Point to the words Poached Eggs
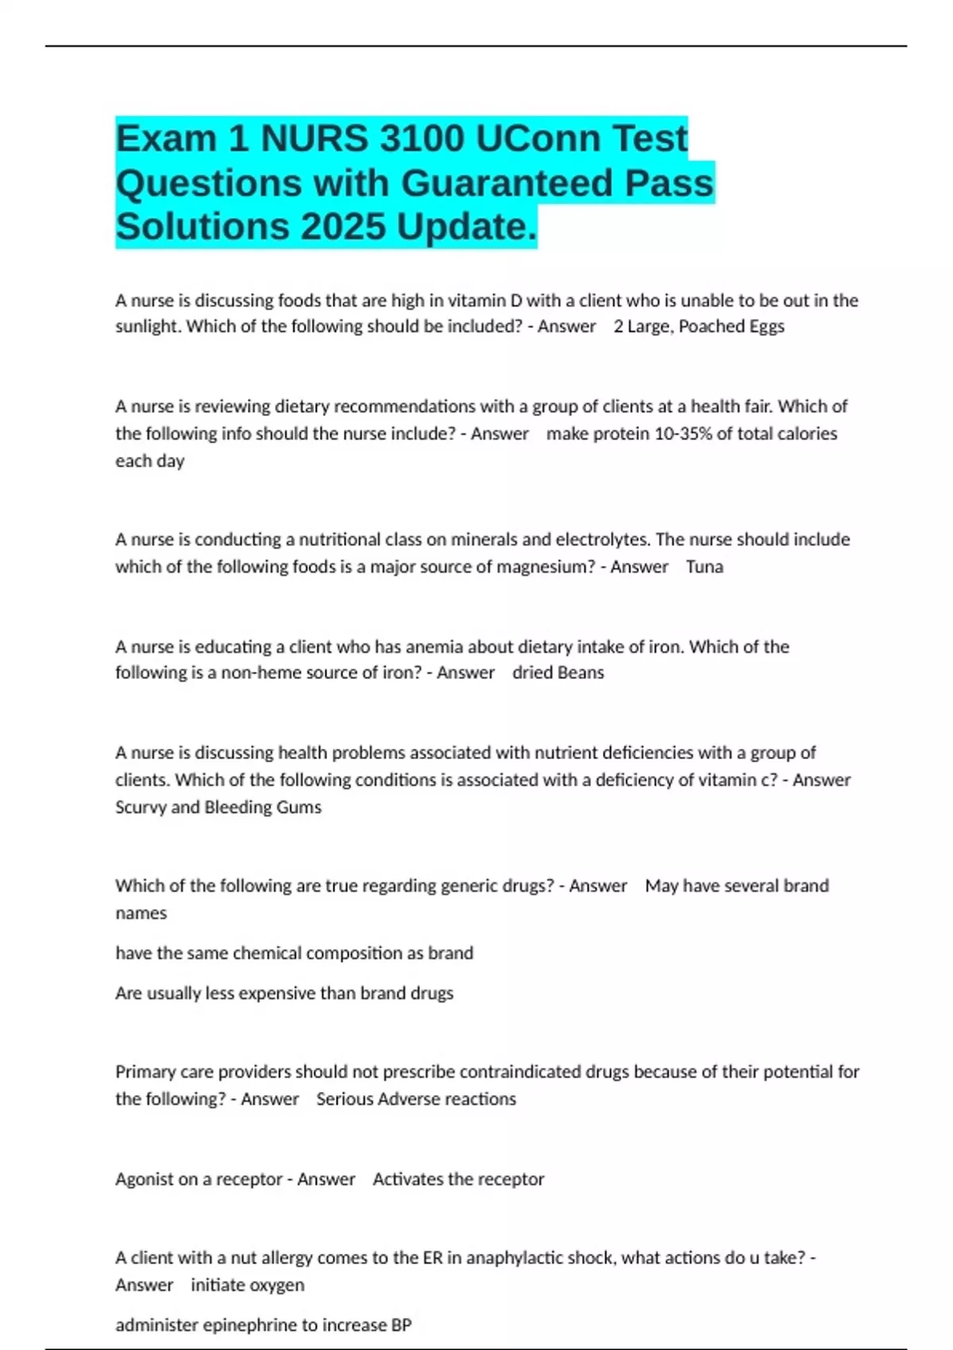point(731,326)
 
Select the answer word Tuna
point(704,567)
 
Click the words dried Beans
point(558,673)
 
